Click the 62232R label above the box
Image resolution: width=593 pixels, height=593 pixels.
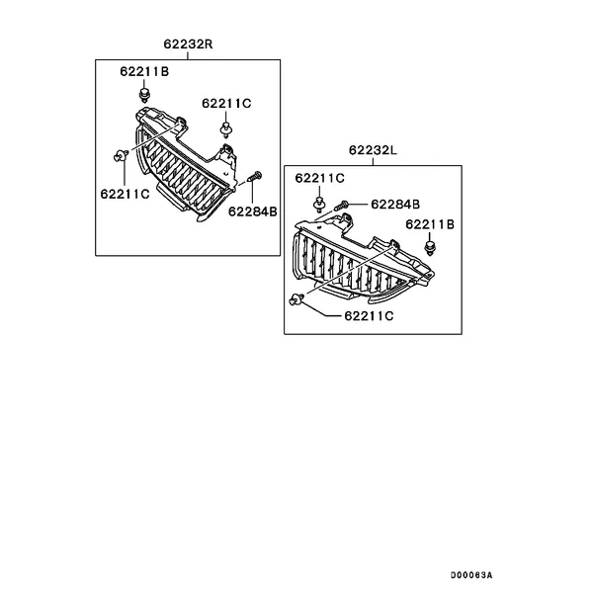(x=188, y=44)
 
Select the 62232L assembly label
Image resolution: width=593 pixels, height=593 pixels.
(x=373, y=150)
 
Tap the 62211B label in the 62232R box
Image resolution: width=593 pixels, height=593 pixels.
(x=144, y=71)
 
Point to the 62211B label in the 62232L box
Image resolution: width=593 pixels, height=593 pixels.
(x=430, y=224)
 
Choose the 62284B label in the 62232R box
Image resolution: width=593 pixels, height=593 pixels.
(x=253, y=212)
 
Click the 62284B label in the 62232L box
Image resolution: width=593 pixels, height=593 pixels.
(x=395, y=205)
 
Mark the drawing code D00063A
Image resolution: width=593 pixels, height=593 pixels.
(x=471, y=575)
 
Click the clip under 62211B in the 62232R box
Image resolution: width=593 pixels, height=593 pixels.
(x=144, y=95)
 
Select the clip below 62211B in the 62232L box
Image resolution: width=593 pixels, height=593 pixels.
(x=430, y=248)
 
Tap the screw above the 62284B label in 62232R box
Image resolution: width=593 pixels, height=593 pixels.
(x=255, y=176)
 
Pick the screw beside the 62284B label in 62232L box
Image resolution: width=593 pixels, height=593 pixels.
(x=341, y=206)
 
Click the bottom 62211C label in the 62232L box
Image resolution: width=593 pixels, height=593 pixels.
(x=369, y=316)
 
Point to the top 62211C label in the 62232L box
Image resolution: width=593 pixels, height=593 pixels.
(x=319, y=178)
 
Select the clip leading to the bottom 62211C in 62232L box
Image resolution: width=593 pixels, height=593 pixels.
(x=296, y=299)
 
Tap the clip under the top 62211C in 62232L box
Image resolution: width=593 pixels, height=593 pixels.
(x=319, y=204)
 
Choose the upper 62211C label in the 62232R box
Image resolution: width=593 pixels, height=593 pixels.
(x=226, y=103)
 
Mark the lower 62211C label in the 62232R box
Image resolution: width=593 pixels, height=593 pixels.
(x=125, y=194)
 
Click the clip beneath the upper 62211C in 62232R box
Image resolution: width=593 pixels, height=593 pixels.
(x=225, y=128)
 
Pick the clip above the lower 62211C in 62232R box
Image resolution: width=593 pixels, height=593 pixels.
(x=121, y=155)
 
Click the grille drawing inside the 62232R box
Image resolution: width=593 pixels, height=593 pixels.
(x=186, y=166)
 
